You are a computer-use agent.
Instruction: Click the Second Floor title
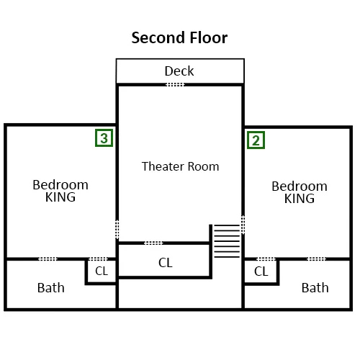(179, 38)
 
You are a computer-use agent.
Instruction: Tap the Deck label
(179, 71)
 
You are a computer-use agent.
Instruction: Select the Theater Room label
(180, 166)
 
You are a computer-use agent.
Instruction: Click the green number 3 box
(104, 138)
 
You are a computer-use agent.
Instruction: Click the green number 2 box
(256, 140)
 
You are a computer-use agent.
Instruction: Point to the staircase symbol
(227, 241)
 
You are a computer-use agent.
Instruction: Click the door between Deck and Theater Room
(175, 84)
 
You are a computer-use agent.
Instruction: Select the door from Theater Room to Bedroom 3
(117, 230)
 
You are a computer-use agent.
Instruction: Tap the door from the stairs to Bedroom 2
(243, 225)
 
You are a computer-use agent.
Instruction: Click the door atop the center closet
(153, 243)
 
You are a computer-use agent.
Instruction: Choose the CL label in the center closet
(166, 263)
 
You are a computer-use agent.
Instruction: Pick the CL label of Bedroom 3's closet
(102, 271)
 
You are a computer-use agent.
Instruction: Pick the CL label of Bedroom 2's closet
(261, 271)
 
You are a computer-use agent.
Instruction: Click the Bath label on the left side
(51, 288)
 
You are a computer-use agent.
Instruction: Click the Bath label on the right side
(315, 288)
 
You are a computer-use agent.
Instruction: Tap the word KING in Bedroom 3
(60, 197)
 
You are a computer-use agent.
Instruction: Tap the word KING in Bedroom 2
(300, 199)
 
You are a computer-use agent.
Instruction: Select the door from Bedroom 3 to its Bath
(48, 259)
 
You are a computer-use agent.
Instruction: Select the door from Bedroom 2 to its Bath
(317, 259)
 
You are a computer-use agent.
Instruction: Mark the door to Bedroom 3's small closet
(99, 259)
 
